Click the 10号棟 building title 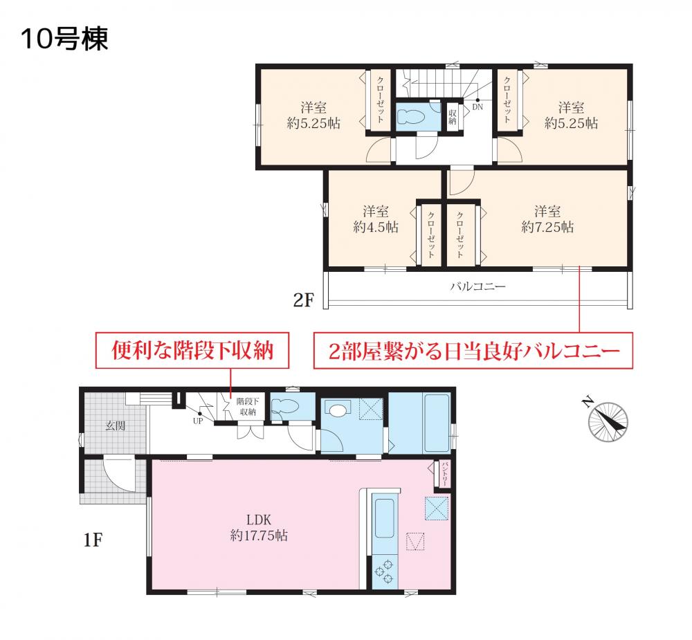(x=64, y=39)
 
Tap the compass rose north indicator (x=608, y=421)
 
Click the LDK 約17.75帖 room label (x=259, y=527)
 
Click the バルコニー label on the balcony (x=477, y=287)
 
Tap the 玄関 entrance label (x=116, y=426)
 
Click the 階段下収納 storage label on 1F (x=248, y=407)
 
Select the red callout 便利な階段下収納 (x=192, y=351)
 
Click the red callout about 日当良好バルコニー (x=473, y=351)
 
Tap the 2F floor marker (x=304, y=300)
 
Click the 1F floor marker (x=93, y=540)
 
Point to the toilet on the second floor (x=411, y=116)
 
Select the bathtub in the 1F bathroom (x=436, y=422)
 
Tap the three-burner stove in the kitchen (x=384, y=571)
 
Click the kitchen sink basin (x=384, y=518)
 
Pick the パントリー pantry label (x=444, y=475)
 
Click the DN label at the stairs (x=477, y=107)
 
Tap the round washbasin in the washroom (x=338, y=411)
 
